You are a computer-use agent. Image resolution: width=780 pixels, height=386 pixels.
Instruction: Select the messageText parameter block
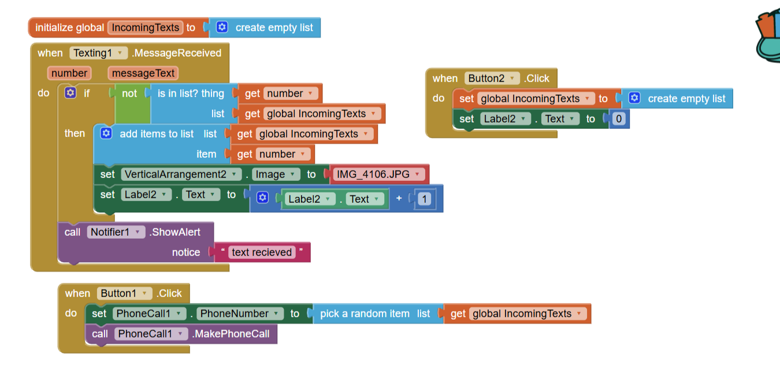143,73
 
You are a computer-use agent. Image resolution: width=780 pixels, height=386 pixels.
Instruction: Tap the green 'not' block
129,94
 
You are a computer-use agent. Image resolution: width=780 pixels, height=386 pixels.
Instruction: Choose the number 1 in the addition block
425,199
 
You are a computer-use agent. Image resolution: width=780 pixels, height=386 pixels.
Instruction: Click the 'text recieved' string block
262,253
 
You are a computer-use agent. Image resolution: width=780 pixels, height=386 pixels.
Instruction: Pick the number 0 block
619,119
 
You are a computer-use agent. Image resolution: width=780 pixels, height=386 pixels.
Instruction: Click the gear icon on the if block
70,93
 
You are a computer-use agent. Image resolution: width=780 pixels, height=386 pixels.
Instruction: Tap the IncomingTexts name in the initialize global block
145,28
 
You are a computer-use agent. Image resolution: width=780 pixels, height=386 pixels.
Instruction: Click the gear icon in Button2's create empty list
634,98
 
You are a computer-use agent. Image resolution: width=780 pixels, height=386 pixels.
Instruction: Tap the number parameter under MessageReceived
69,73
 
